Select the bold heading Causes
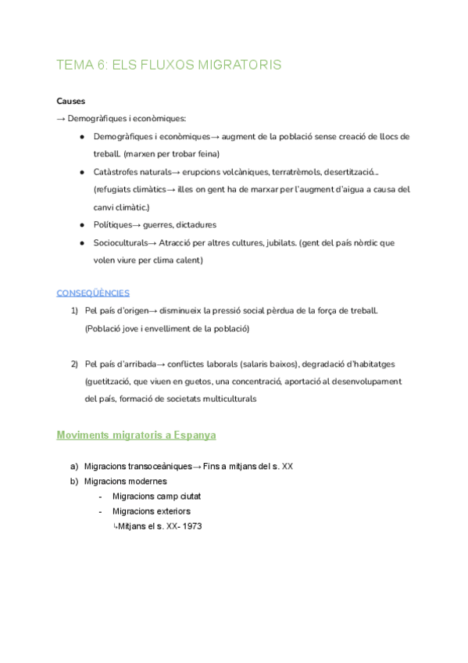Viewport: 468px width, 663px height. click(x=71, y=101)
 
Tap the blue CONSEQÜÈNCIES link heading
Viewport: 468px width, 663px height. click(x=93, y=293)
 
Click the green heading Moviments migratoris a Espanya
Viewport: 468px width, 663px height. click(x=136, y=434)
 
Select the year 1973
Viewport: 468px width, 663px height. click(x=189, y=526)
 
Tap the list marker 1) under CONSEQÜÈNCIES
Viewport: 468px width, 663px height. click(x=74, y=310)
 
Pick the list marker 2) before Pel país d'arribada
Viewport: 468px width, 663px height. click(x=74, y=364)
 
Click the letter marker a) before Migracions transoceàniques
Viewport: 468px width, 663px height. click(x=74, y=466)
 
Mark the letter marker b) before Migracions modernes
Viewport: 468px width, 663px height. click(x=74, y=481)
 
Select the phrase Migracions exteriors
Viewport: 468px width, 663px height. click(x=151, y=511)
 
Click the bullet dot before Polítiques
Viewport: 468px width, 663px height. click(x=82, y=225)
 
